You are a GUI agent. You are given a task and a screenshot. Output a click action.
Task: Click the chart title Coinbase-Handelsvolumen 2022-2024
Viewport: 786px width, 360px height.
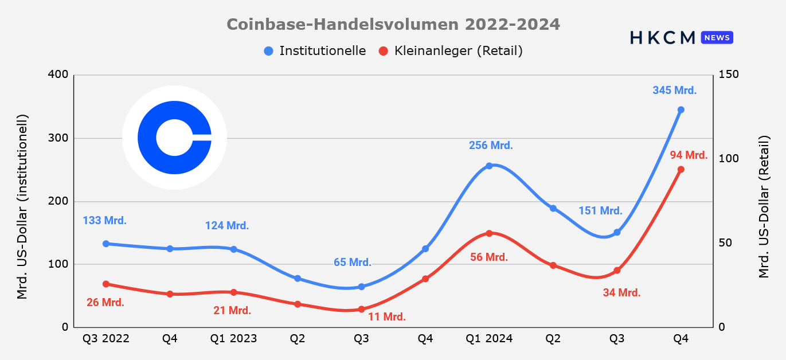(393, 25)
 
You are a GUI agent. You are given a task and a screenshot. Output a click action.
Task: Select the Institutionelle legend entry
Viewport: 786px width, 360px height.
(315, 51)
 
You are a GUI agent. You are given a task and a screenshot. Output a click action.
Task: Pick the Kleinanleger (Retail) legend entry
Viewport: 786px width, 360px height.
(451, 51)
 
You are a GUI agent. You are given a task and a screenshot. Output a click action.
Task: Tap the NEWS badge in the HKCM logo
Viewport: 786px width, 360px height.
(717, 37)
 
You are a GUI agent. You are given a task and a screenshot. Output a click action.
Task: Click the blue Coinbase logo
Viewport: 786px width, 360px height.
(174, 138)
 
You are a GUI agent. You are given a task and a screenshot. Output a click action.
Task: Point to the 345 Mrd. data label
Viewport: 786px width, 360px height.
(674, 90)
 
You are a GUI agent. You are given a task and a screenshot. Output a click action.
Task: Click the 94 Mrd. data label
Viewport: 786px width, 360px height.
(689, 155)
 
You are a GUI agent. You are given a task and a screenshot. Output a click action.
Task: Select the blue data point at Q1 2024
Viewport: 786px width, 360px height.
(489, 166)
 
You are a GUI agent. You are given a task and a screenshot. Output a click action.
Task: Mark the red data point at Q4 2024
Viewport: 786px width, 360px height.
(681, 170)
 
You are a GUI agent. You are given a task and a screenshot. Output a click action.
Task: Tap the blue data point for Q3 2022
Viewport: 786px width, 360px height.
(106, 244)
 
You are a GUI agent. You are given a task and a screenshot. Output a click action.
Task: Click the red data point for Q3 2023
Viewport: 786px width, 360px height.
(361, 309)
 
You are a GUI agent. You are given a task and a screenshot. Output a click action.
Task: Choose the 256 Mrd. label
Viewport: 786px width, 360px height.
(491, 145)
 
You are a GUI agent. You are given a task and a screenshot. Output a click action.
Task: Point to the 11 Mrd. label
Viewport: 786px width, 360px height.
(386, 317)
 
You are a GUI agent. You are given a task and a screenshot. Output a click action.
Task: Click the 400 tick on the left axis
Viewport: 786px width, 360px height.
(58, 75)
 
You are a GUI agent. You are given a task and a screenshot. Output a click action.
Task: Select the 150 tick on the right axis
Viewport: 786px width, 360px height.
(729, 75)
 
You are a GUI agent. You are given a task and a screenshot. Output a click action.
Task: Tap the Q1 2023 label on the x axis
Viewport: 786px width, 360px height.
(233, 339)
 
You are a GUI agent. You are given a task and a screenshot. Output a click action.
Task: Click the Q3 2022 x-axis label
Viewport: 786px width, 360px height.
(106, 339)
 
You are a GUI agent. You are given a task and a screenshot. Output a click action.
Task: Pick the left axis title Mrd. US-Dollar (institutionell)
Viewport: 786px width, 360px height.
(22, 207)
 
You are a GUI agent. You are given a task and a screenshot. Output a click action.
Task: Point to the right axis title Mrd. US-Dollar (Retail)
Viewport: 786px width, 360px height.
(764, 207)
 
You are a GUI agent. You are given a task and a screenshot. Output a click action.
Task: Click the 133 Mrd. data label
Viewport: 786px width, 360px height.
(104, 220)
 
